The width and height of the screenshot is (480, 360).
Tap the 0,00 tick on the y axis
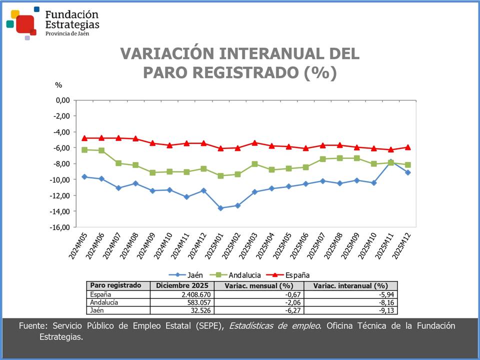coord(62,100)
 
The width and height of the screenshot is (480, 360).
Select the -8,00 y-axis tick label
coord(61,163)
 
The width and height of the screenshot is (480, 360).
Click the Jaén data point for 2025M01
coord(220,208)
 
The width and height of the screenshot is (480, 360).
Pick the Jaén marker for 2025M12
coord(408,172)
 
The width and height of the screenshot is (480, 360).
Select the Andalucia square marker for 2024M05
coord(84,150)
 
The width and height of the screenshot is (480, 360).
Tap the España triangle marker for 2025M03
coord(254,142)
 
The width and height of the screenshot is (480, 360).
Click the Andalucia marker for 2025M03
coord(254,164)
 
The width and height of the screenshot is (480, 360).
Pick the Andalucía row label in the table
coord(104,302)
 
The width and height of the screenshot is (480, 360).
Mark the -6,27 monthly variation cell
coord(282,310)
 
